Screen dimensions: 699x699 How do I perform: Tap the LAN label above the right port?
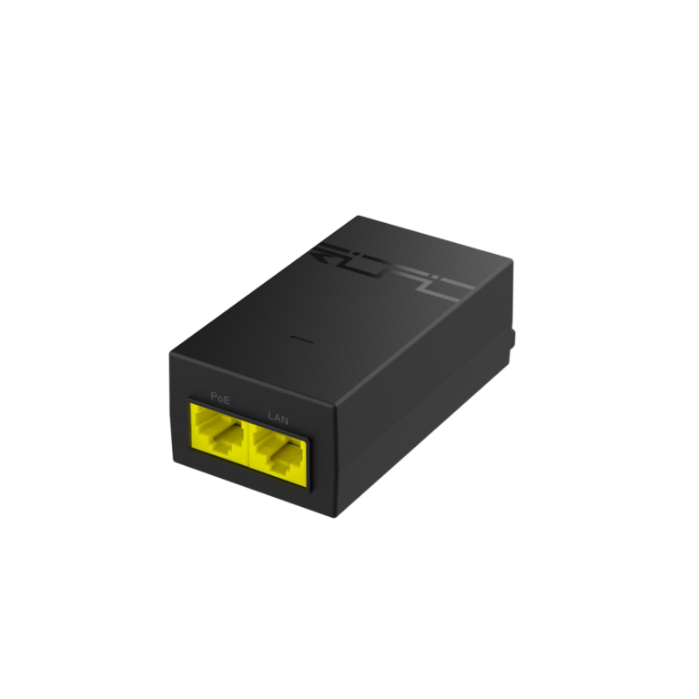point(278,416)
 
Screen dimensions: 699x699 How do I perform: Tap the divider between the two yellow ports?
point(243,444)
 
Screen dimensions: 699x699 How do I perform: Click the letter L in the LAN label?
point(270,414)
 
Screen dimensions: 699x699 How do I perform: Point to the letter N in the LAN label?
point(285,419)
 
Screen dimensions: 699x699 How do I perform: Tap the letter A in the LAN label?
point(278,416)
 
